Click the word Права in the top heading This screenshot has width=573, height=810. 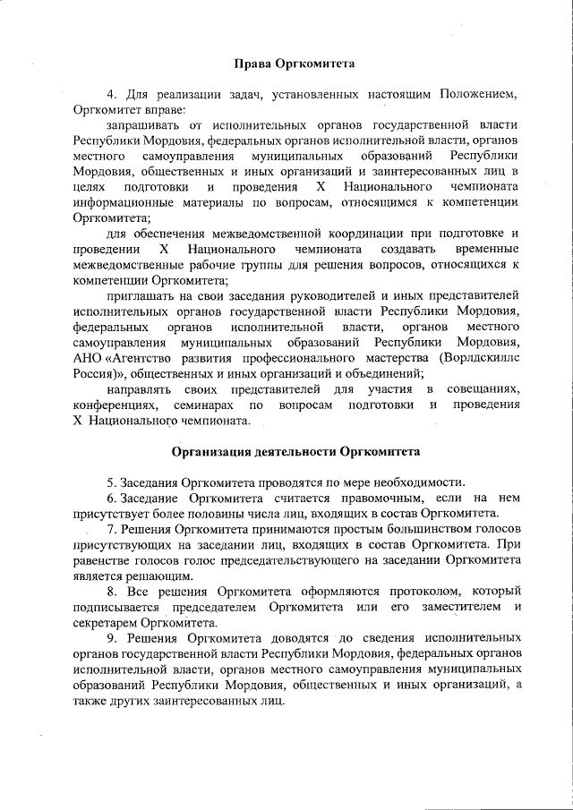[252, 64]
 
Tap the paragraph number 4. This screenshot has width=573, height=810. [111, 94]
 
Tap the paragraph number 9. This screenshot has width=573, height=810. [111, 639]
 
